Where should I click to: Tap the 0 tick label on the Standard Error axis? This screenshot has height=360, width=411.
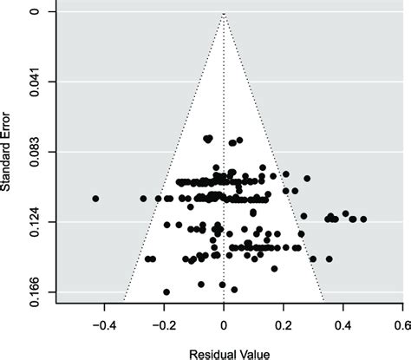tap(32, 12)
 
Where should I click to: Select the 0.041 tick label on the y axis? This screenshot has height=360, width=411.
tap(32, 82)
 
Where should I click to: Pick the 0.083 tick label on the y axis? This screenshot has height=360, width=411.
tap(32, 153)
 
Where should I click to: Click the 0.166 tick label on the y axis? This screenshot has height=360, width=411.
tap(32, 293)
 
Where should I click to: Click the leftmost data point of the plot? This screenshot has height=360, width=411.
tap(95, 199)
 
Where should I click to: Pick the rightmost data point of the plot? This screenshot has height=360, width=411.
tap(363, 219)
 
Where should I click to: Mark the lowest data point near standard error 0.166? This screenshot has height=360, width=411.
tap(166, 291)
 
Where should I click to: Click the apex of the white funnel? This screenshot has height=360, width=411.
tap(224, 13)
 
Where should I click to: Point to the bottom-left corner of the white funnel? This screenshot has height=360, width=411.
tap(124, 303)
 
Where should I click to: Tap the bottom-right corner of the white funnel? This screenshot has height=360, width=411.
tap(323, 303)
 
